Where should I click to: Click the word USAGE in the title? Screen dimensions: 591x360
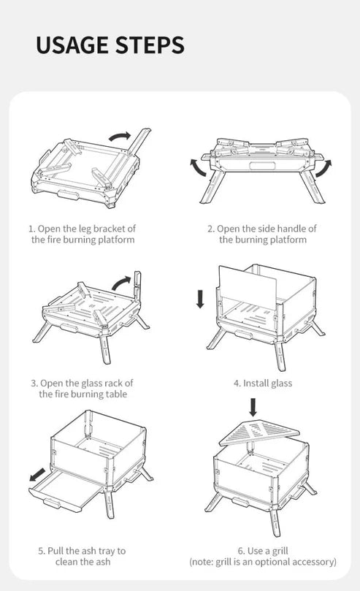tap(72, 45)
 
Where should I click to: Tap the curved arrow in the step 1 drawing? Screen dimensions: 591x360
tap(119, 139)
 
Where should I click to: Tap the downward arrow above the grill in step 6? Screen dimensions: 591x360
tap(253, 406)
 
